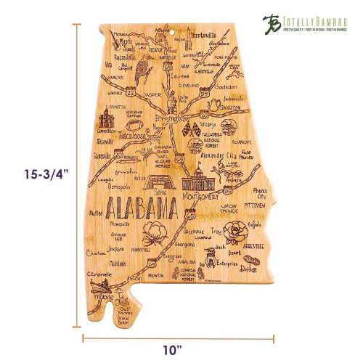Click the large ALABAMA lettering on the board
pos(143,210)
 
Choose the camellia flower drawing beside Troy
pos(235,232)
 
